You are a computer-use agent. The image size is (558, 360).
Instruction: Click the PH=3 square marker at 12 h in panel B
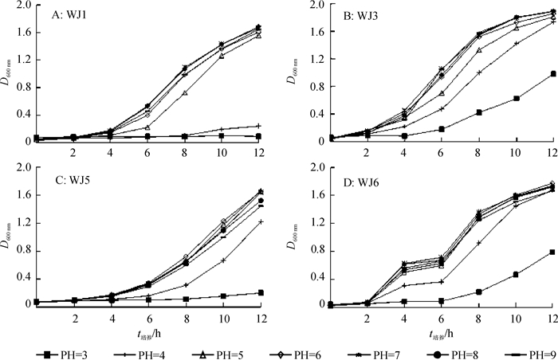point(553,74)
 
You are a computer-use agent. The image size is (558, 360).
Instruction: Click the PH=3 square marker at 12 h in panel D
point(553,252)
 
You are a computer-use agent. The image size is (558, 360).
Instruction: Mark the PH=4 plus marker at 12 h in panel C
point(261,221)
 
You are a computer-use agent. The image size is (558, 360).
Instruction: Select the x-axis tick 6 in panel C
point(125,318)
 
